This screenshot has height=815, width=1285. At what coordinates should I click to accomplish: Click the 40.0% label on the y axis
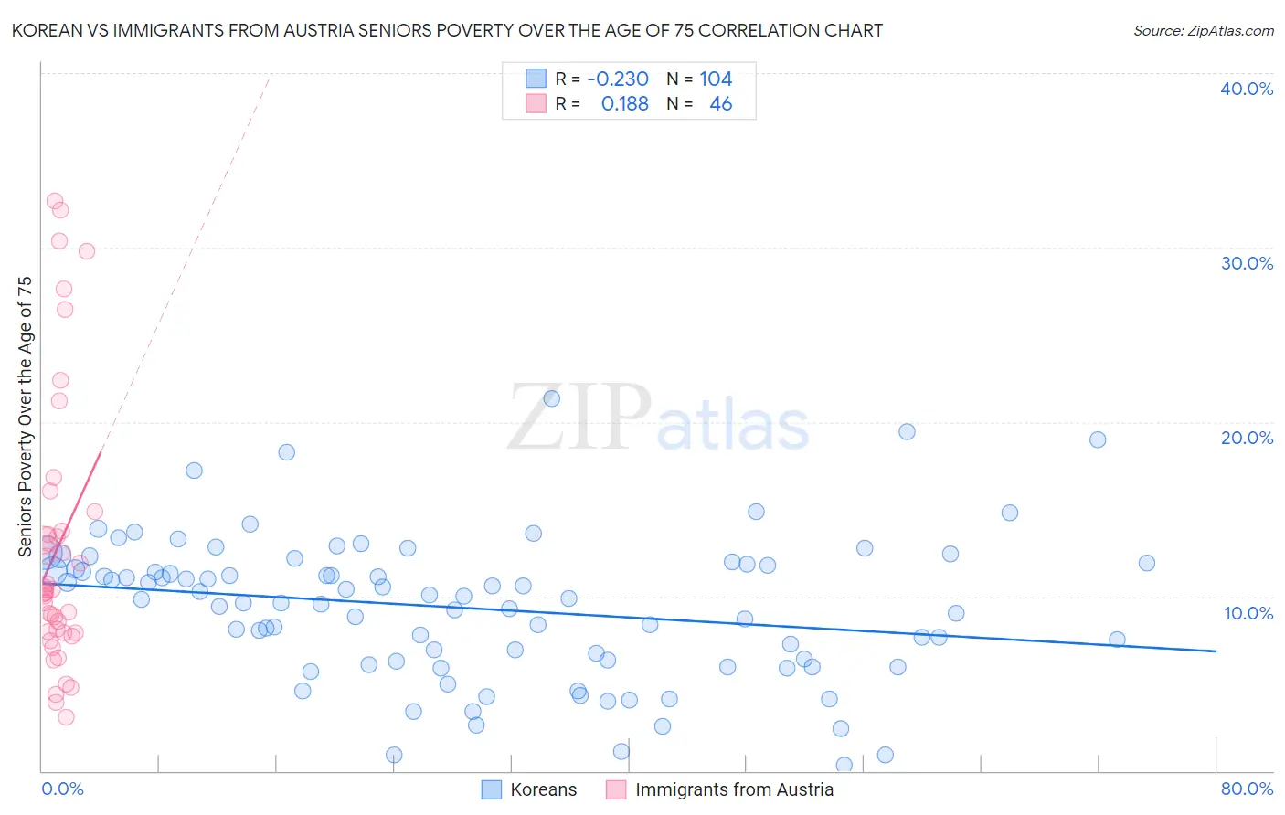(1247, 89)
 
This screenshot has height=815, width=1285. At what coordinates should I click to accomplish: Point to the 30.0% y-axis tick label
(1247, 263)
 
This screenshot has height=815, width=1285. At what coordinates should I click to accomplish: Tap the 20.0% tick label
(1247, 438)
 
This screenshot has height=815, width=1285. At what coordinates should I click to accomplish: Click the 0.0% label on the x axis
(62, 789)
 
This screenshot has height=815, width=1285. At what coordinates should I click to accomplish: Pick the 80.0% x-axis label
(1247, 789)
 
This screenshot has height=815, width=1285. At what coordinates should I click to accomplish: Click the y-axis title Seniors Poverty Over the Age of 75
(25, 417)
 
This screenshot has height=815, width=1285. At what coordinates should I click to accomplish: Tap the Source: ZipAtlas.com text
(1203, 30)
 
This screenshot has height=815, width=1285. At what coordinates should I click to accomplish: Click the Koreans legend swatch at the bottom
(492, 789)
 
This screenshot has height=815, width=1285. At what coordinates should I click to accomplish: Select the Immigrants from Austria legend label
(734, 789)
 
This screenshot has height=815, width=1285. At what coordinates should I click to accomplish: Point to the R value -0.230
(618, 79)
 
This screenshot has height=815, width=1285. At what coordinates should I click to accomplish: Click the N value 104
(716, 79)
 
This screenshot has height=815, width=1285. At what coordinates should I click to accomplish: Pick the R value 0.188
(624, 104)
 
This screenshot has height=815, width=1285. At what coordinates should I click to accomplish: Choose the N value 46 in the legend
(720, 104)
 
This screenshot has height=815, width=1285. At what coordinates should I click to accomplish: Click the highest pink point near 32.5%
(55, 201)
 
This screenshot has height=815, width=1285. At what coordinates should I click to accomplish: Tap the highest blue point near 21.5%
(551, 398)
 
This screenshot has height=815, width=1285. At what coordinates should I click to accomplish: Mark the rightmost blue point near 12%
(1146, 563)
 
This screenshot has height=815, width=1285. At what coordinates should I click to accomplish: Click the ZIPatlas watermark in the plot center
(658, 418)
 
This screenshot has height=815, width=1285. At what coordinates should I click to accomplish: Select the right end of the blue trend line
(1215, 651)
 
